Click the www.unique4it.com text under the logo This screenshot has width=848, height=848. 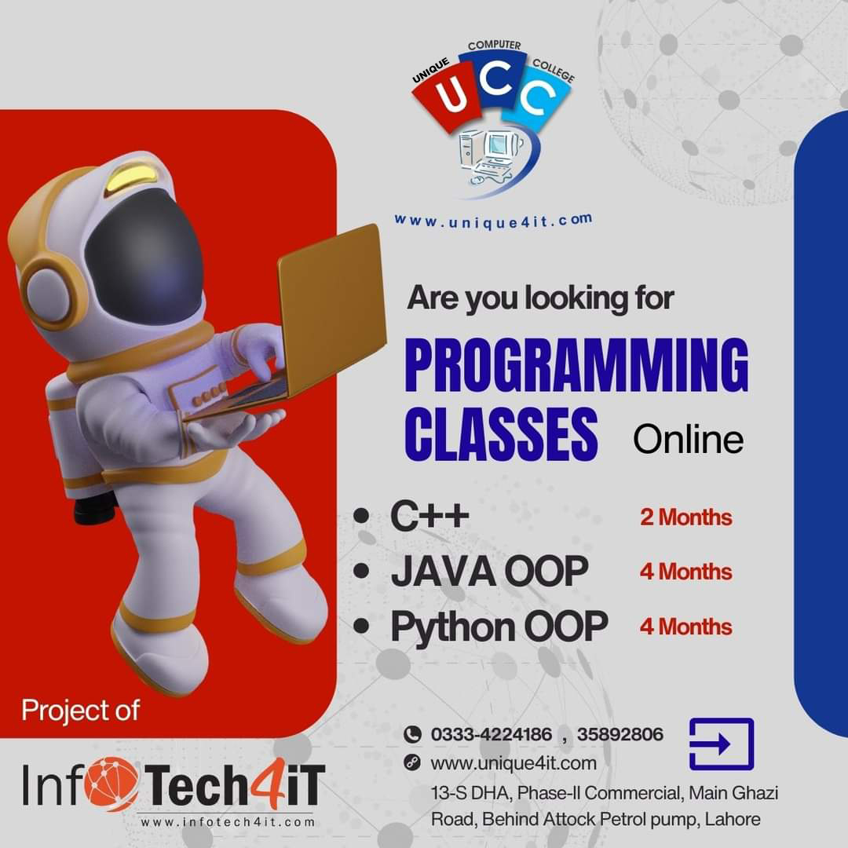point(493,221)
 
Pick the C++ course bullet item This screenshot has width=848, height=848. point(429,517)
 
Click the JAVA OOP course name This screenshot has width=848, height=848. point(488,572)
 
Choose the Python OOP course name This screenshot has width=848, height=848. point(499,627)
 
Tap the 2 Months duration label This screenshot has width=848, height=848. point(685,517)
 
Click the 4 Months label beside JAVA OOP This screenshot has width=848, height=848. point(685,572)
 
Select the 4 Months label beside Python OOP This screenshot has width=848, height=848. point(685,627)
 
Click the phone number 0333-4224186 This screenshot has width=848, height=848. point(491,735)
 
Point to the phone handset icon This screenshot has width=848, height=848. point(412,735)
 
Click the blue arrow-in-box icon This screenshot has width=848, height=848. point(721,744)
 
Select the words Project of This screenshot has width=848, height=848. point(80,710)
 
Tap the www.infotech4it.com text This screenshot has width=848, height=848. point(228,822)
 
